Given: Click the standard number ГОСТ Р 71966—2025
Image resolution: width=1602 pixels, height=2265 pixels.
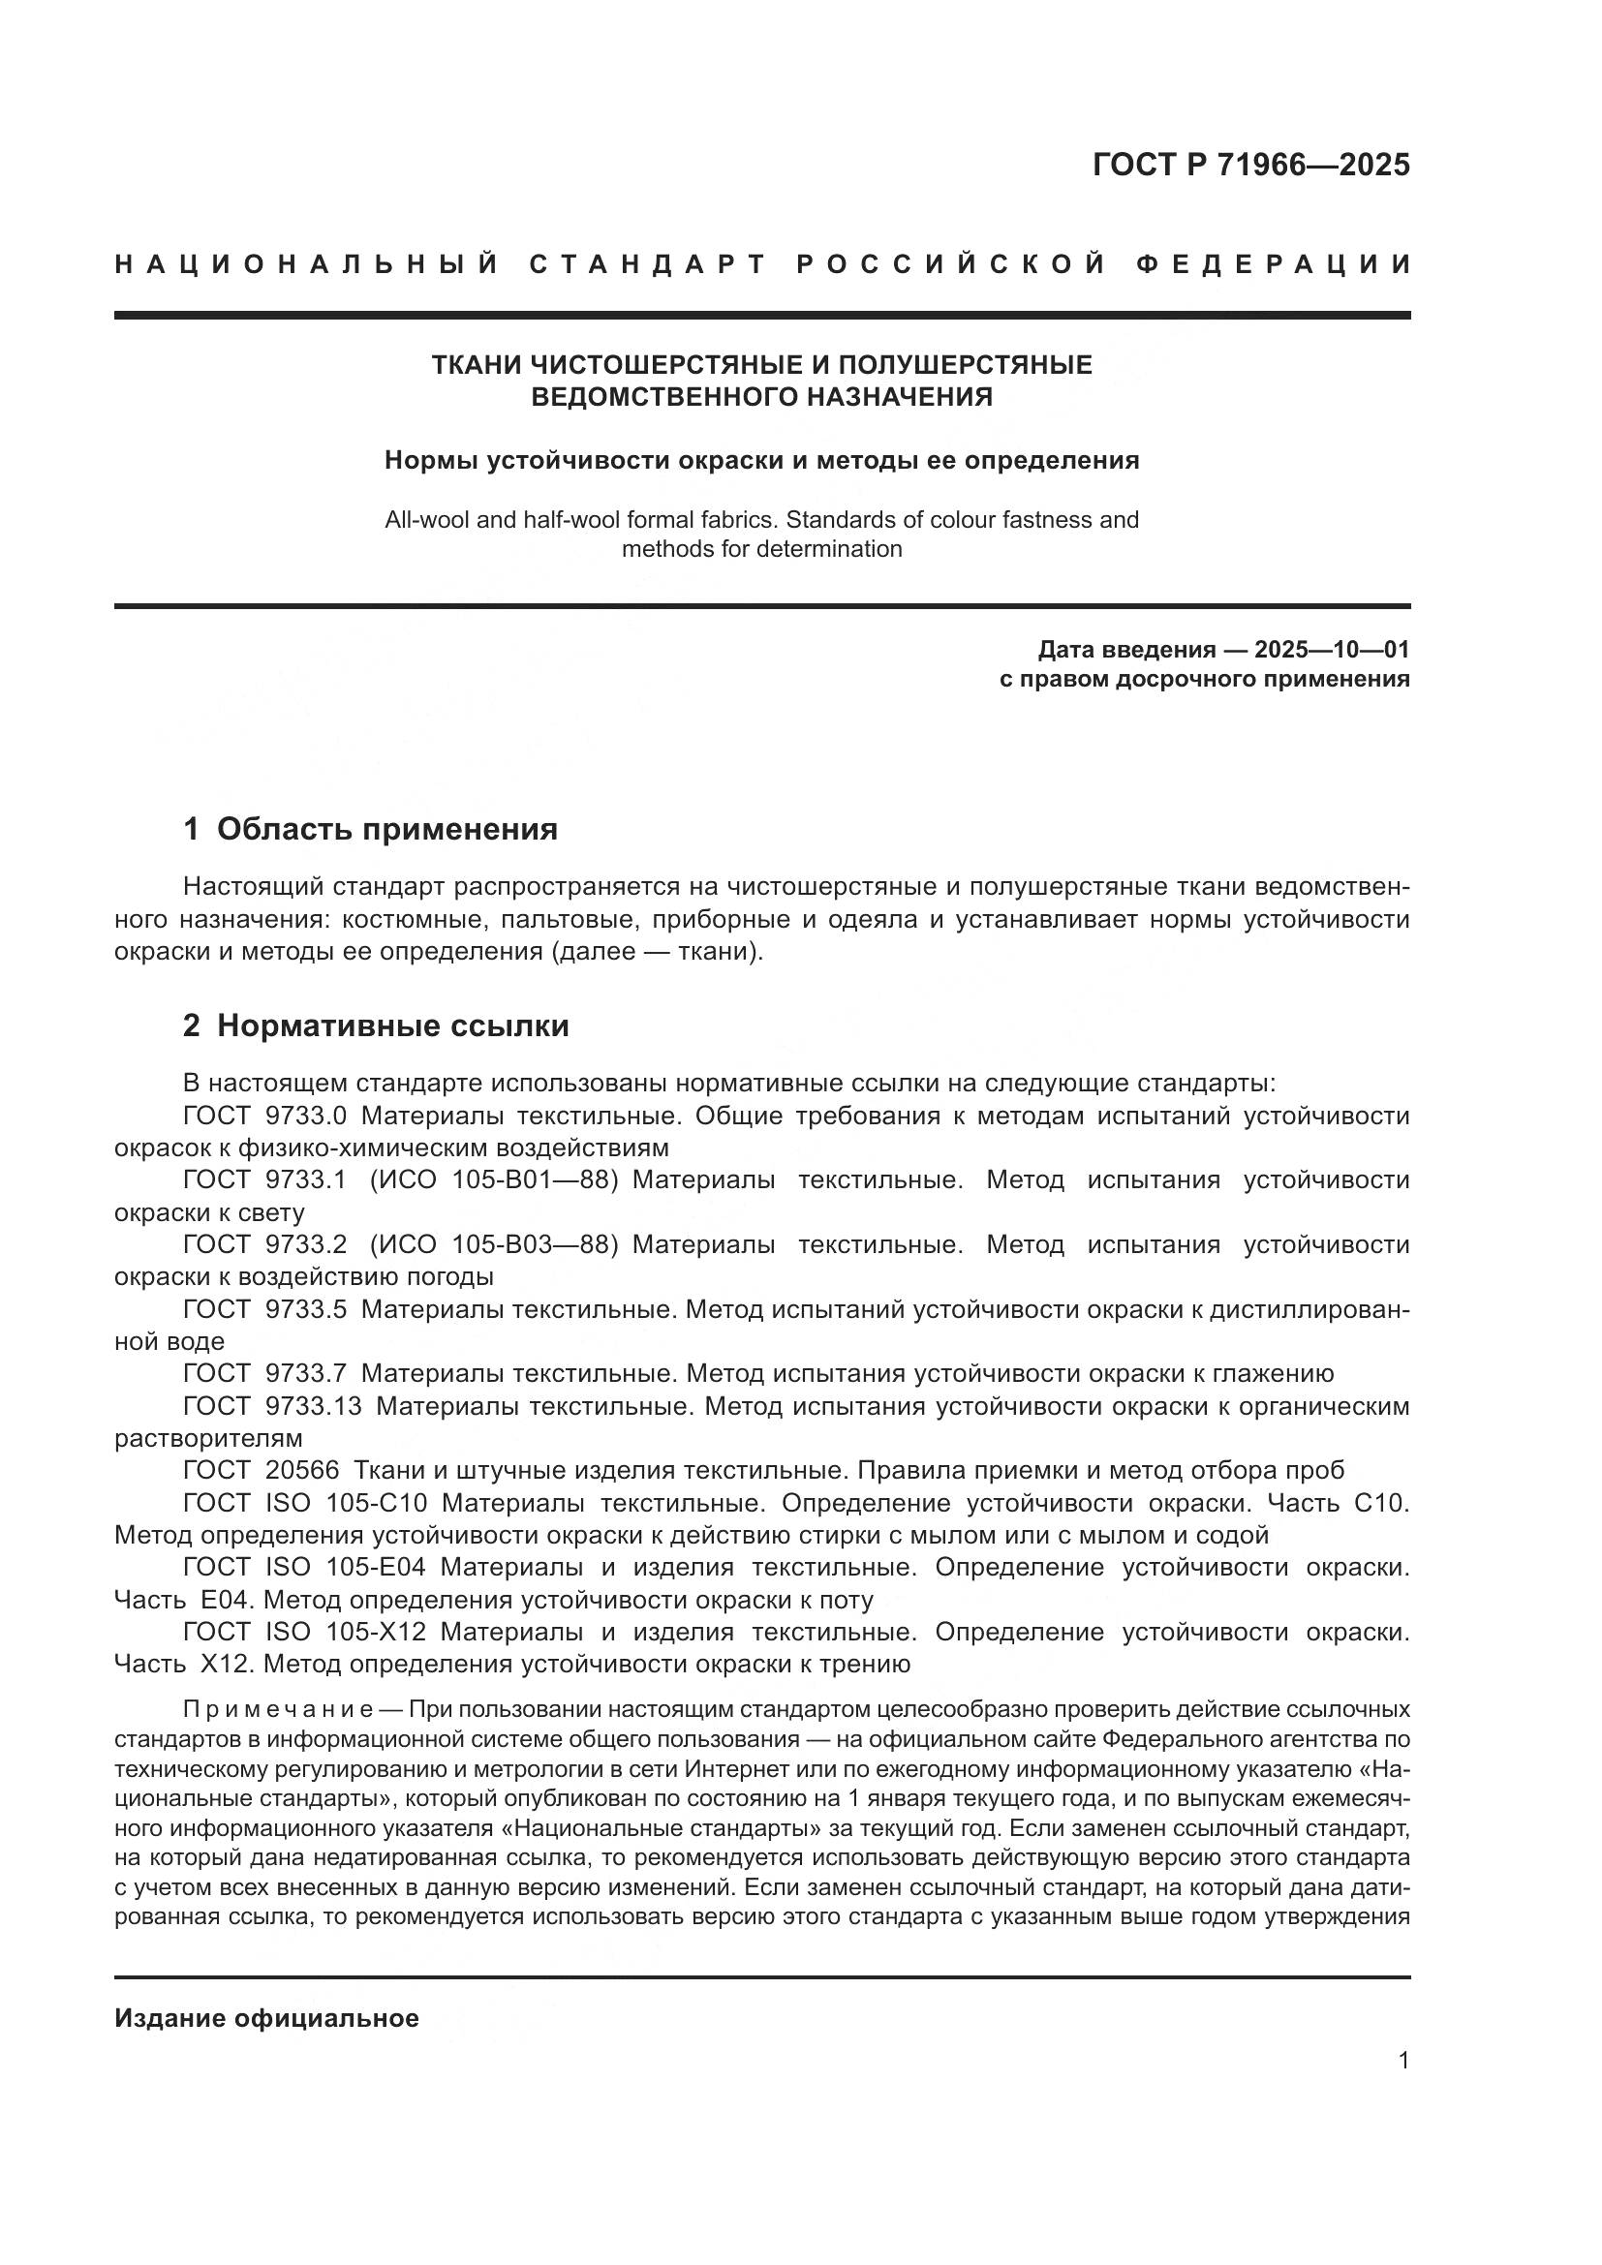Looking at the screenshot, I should click(1250, 165).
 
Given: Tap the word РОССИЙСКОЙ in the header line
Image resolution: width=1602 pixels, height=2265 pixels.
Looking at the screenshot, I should click(950, 264).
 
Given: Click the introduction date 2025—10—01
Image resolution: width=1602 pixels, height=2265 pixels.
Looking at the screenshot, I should click(1332, 649).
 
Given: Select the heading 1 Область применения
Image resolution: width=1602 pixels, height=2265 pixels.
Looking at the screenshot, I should click(370, 829).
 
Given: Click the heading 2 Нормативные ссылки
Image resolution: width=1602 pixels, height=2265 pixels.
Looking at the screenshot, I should click(376, 1025).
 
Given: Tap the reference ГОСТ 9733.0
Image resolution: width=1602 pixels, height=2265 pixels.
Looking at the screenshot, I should click(264, 1116).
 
